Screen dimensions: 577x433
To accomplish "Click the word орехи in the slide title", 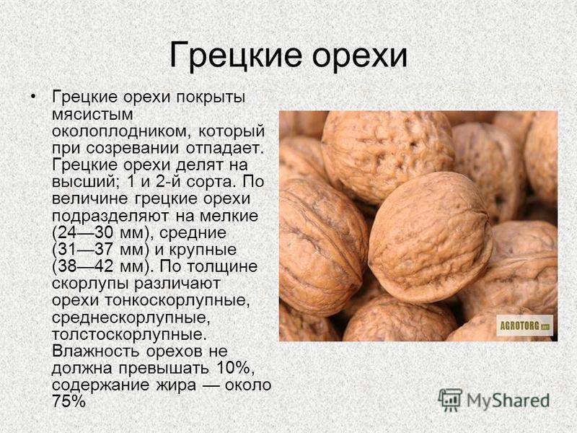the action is [x=359, y=57].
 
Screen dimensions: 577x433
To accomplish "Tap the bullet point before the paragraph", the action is [x=33, y=97].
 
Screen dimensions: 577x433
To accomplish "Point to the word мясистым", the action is [x=92, y=115].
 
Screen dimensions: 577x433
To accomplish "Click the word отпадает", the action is [x=225, y=148].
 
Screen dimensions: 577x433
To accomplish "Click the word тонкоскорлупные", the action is [x=177, y=301].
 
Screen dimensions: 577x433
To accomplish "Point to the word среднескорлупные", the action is [x=131, y=318].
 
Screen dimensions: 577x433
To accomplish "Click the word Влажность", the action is [x=96, y=351].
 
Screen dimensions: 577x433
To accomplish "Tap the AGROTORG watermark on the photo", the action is [x=525, y=325].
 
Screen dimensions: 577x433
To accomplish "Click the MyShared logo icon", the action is [x=450, y=401].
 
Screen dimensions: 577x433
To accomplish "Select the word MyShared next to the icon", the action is [x=508, y=401].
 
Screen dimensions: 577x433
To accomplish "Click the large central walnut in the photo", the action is [x=430, y=237].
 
